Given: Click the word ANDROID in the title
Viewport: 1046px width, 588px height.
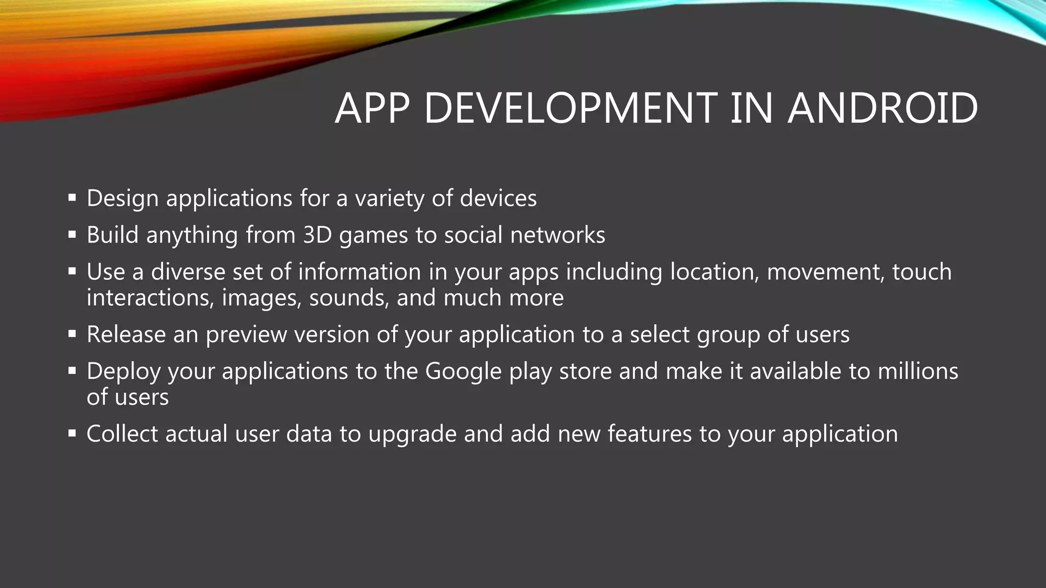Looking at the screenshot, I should point(882,108).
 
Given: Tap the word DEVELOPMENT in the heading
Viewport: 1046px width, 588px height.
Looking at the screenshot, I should point(571,108).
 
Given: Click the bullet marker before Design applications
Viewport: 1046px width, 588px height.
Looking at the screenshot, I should point(72,198).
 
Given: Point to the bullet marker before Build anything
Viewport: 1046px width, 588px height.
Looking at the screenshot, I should point(72,235).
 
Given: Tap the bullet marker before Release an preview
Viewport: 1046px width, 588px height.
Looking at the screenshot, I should point(72,334).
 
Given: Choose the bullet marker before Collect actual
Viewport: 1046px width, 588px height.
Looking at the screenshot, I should point(72,433).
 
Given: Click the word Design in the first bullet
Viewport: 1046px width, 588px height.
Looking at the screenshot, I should point(123,199).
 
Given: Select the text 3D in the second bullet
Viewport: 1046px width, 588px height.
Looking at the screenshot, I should point(317,235).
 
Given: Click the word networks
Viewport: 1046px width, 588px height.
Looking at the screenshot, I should point(557,235).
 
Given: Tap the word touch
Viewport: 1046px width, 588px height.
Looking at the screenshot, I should point(922,272).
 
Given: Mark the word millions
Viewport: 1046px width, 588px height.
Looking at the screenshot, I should point(918,371).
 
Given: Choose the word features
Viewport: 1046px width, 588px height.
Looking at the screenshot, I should point(650,433).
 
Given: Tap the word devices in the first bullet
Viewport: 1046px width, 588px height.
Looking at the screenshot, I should point(498,198).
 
